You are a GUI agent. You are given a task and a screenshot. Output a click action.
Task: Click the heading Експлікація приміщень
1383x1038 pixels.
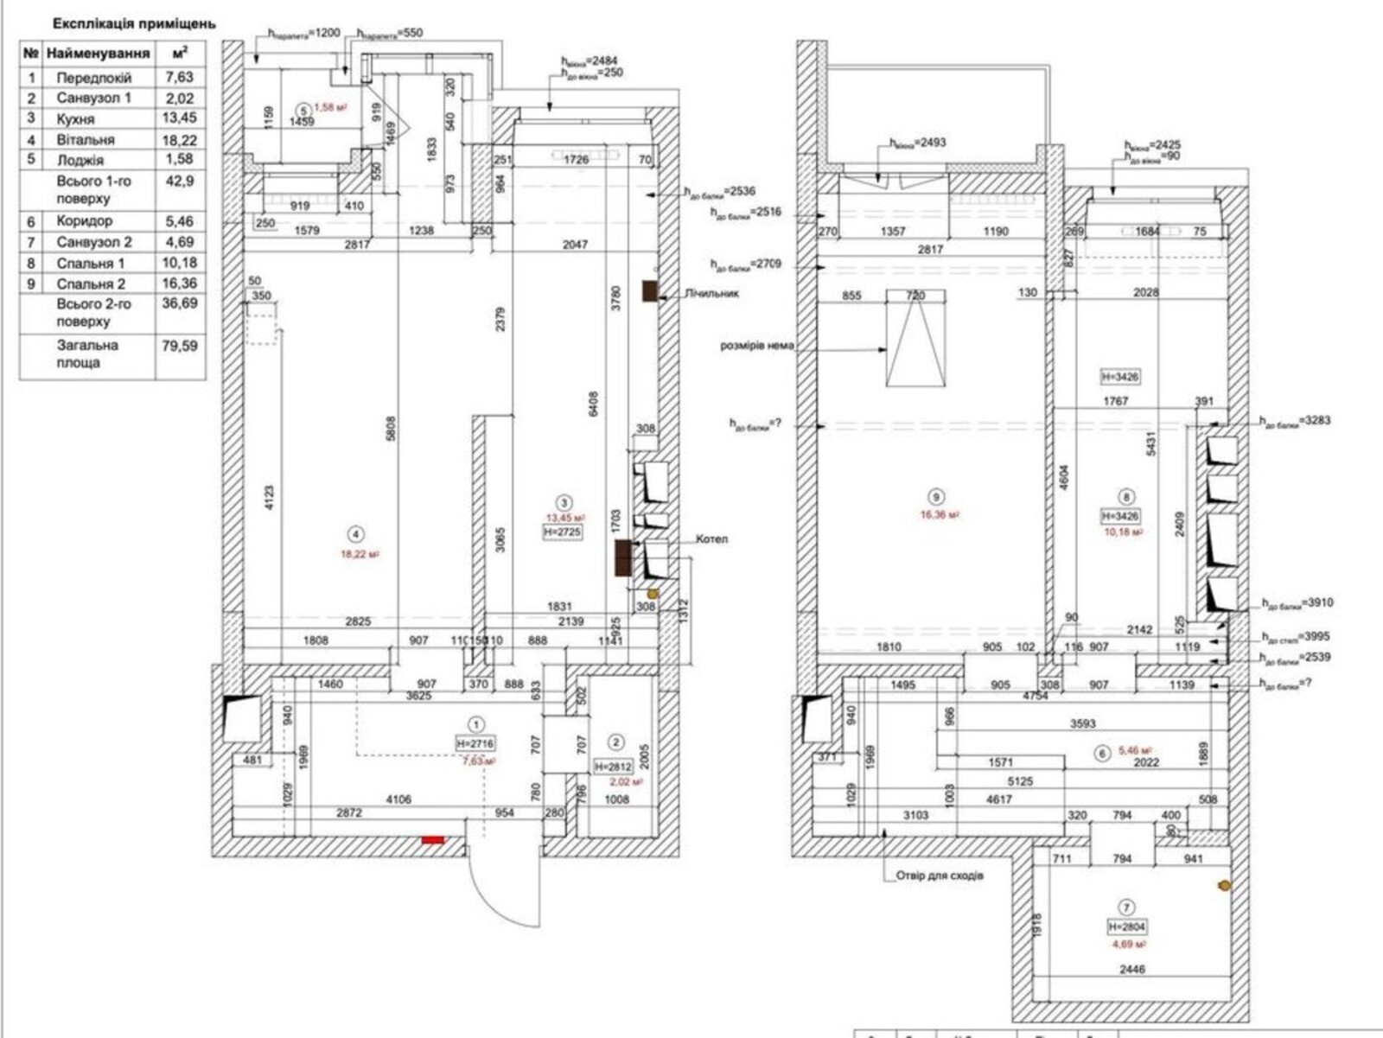(x=134, y=24)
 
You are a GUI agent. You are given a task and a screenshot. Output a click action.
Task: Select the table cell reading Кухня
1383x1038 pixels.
(x=76, y=119)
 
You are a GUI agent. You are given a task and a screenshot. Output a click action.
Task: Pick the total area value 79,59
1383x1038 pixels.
(x=180, y=345)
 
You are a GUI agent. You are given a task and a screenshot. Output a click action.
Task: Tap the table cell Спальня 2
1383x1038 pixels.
(x=91, y=283)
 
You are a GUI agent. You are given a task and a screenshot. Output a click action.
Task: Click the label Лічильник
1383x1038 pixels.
(x=711, y=293)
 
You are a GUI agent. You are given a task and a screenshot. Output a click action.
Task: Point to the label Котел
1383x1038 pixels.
(x=712, y=538)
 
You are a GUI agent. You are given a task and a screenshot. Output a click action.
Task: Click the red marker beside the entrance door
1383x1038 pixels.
(x=432, y=839)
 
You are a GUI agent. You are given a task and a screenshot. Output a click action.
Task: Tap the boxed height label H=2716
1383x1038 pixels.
(x=475, y=743)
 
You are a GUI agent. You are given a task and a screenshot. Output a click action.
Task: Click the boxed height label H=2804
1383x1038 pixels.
(x=1126, y=927)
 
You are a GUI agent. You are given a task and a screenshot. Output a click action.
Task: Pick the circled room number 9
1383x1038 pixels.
(x=935, y=497)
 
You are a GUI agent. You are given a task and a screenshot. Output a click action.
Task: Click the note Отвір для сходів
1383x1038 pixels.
(x=940, y=876)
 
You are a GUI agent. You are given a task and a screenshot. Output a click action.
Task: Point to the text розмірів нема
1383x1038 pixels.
(x=756, y=347)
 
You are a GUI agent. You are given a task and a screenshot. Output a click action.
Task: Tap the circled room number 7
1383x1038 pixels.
(x=1126, y=907)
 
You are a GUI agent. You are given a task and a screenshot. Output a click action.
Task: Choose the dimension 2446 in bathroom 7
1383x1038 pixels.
(x=1131, y=969)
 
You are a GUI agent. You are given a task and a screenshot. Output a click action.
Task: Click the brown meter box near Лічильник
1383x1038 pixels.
(x=650, y=291)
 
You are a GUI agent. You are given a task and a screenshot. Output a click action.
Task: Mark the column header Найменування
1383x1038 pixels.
(x=98, y=54)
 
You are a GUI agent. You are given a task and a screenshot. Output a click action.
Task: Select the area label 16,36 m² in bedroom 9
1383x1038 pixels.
(x=939, y=514)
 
